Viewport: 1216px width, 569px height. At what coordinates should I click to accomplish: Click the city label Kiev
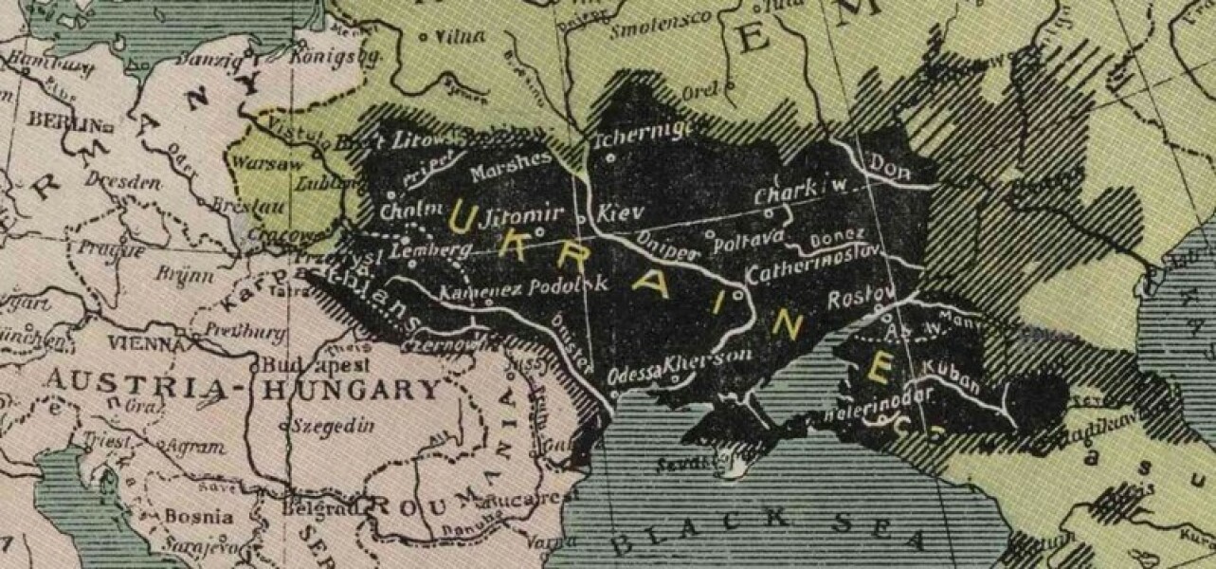[x=621, y=215]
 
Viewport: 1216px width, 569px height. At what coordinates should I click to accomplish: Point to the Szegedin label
[x=332, y=426]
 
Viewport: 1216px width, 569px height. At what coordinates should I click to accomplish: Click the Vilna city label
[x=459, y=37]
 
